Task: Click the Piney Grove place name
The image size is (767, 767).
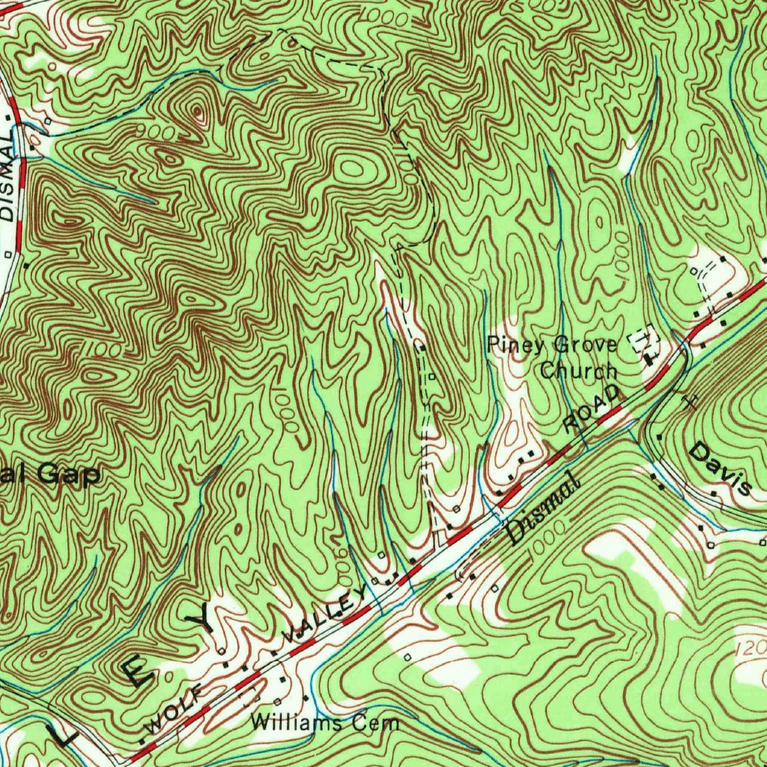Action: [552, 345]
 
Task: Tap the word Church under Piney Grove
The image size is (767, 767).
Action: [579, 370]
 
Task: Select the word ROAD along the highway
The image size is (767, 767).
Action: [592, 410]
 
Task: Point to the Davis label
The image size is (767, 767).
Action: [720, 469]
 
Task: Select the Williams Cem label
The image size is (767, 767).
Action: [326, 723]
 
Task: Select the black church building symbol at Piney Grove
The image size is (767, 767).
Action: [649, 357]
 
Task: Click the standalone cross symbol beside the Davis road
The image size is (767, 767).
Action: [690, 401]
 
